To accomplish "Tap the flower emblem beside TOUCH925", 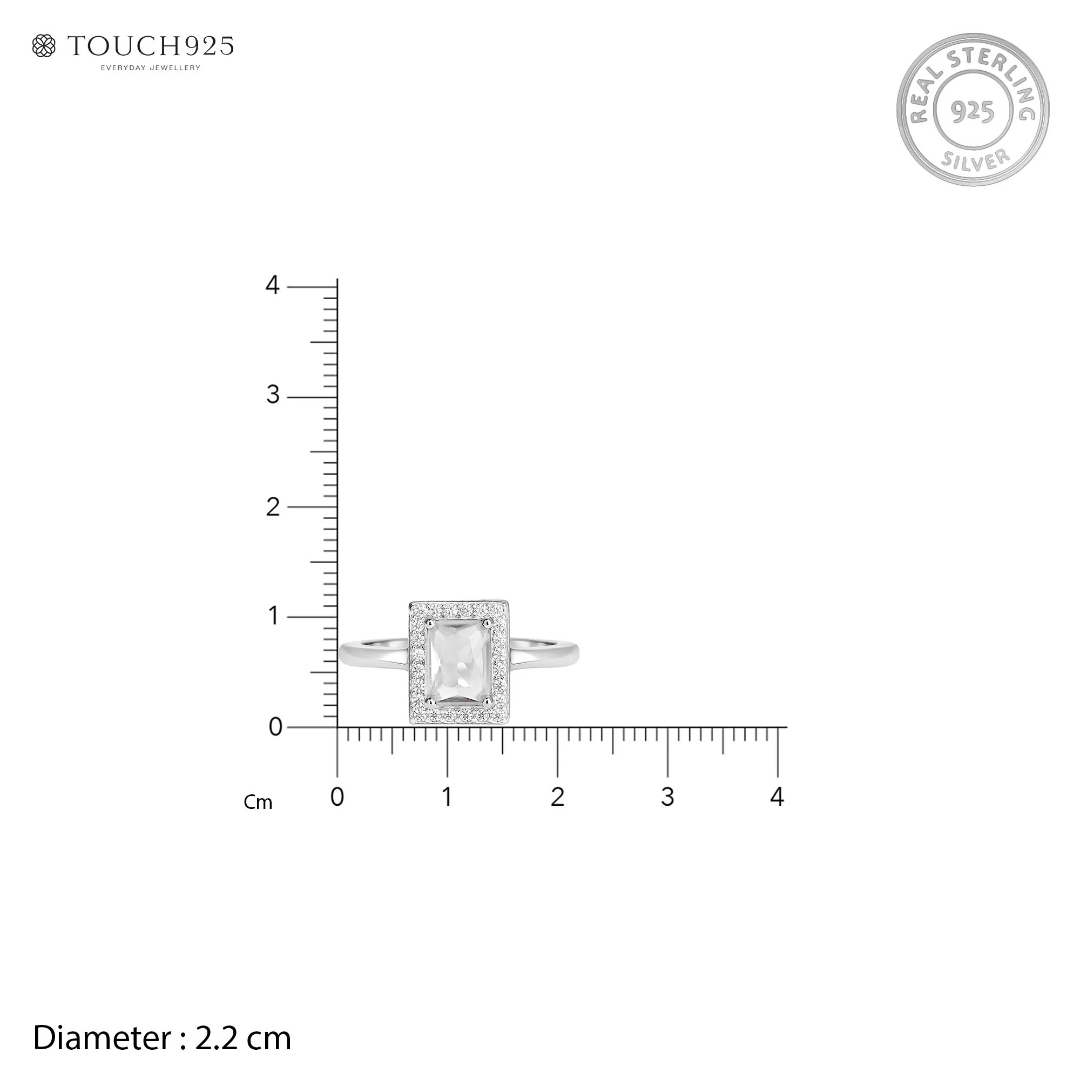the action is [44, 46].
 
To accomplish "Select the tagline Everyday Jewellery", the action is [150, 67].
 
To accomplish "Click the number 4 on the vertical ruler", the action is [272, 285].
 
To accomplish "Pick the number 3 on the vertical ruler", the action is [273, 395].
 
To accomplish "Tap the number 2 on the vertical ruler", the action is [273, 507].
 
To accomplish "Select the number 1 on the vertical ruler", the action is [273, 616].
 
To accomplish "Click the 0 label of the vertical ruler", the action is [275, 727].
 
